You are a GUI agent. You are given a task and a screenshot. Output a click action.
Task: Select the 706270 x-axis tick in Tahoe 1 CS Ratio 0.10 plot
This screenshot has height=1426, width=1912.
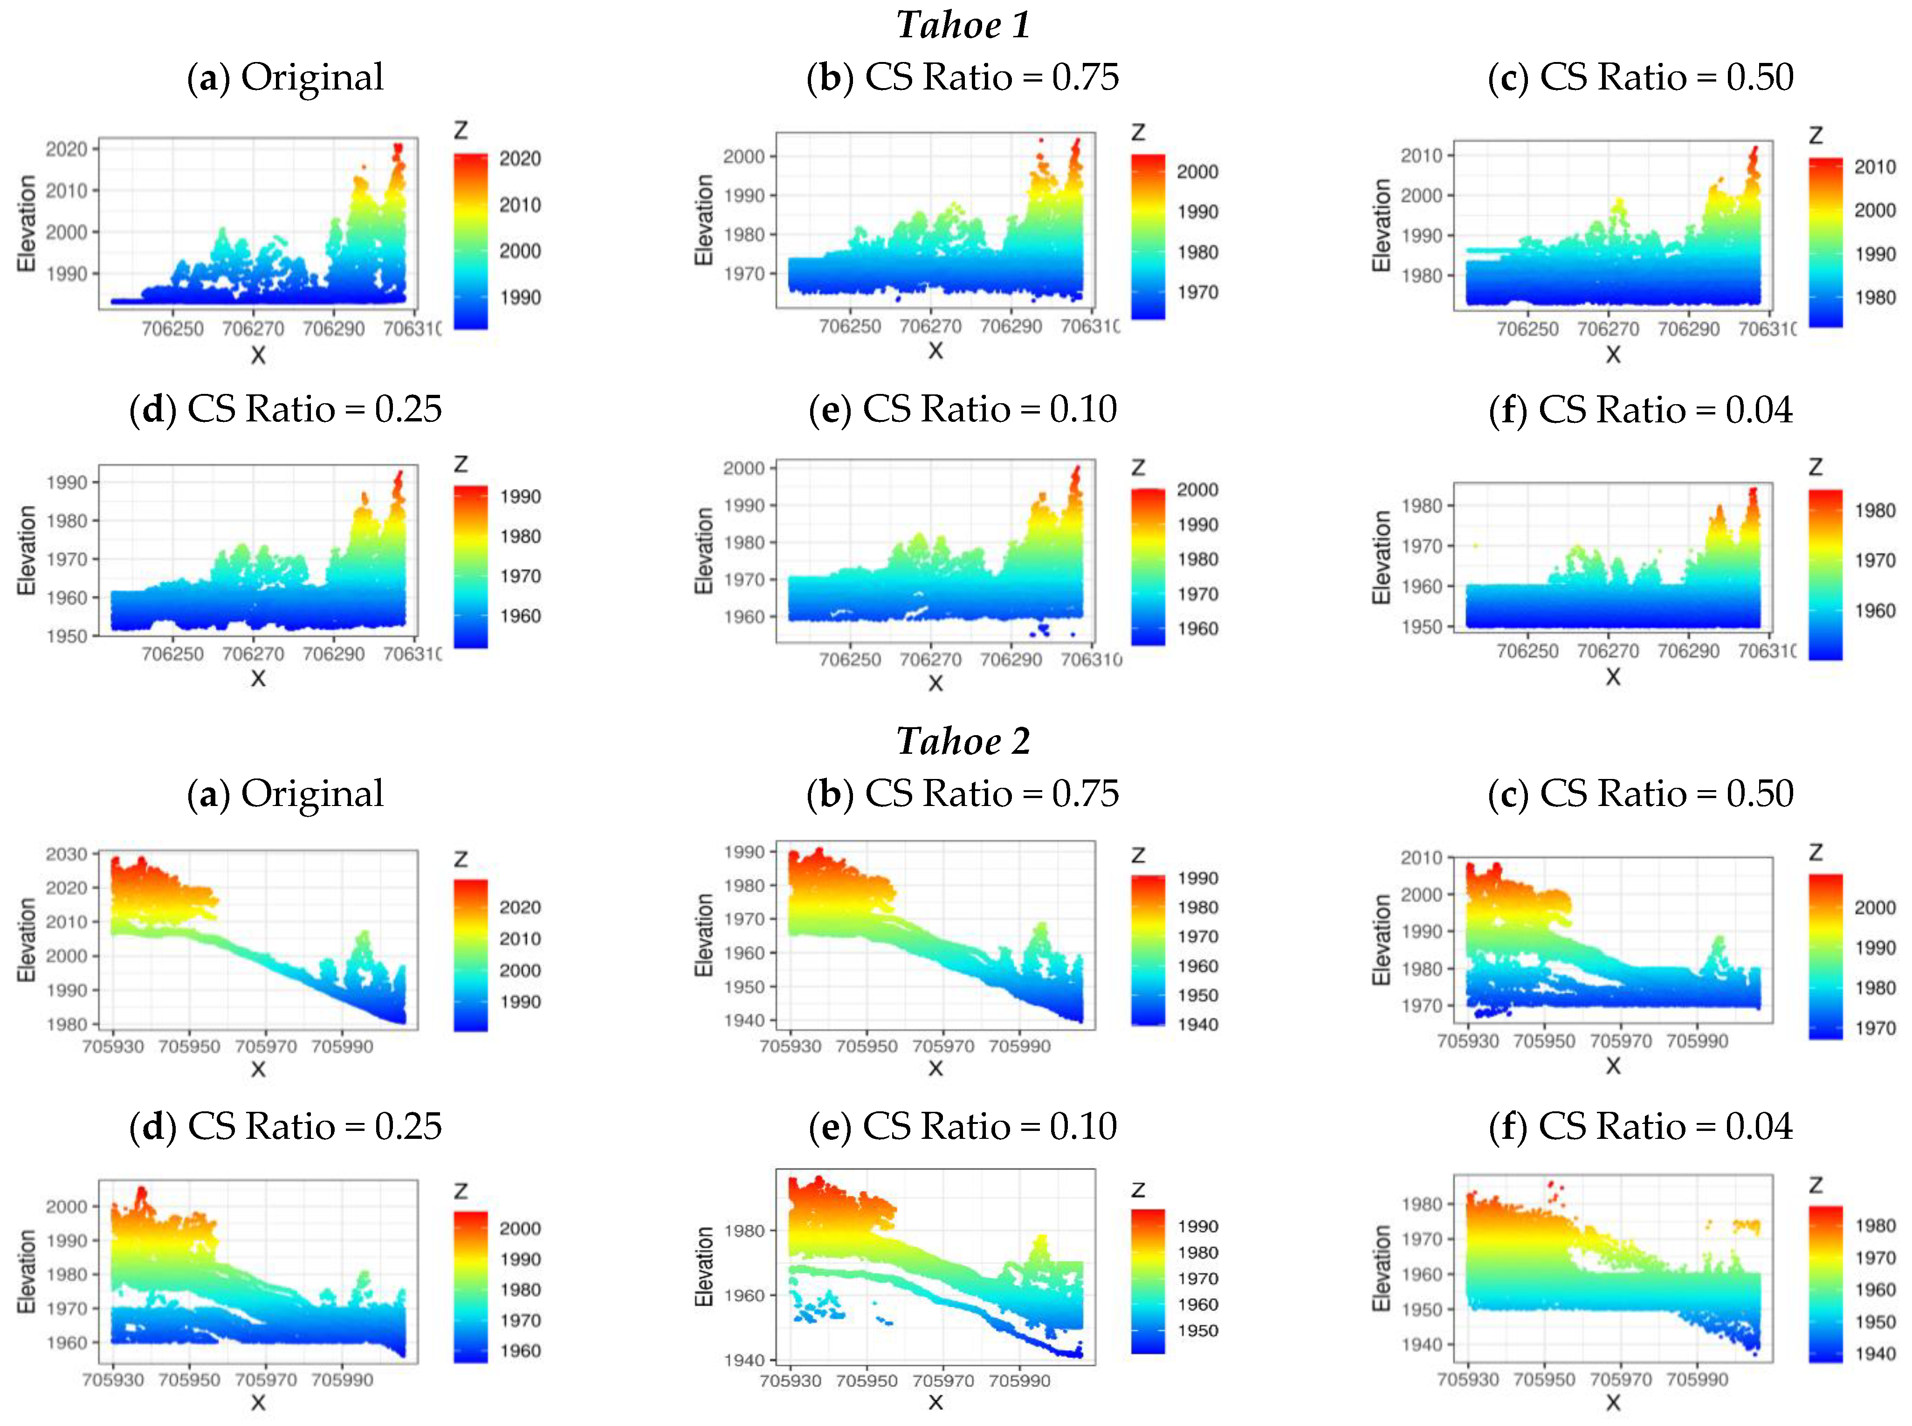[930, 660]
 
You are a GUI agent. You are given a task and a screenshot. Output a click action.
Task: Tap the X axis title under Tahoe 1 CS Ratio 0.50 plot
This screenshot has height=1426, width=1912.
[1612, 354]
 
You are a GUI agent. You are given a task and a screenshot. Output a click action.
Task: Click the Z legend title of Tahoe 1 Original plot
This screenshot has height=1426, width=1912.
[461, 131]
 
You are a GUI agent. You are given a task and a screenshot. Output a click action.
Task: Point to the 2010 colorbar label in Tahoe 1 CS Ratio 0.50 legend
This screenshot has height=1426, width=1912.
[1874, 166]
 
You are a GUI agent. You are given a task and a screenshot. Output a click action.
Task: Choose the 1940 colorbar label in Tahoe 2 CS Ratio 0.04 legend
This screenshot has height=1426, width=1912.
[1874, 1353]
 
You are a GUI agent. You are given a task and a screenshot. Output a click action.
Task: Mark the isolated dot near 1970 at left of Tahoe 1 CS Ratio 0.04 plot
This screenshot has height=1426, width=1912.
[1475, 545]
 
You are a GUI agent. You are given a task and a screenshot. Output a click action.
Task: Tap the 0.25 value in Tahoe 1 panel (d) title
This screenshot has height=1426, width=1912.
[407, 409]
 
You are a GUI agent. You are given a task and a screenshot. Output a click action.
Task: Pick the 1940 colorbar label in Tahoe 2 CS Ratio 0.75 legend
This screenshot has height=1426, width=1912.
[1197, 1025]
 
